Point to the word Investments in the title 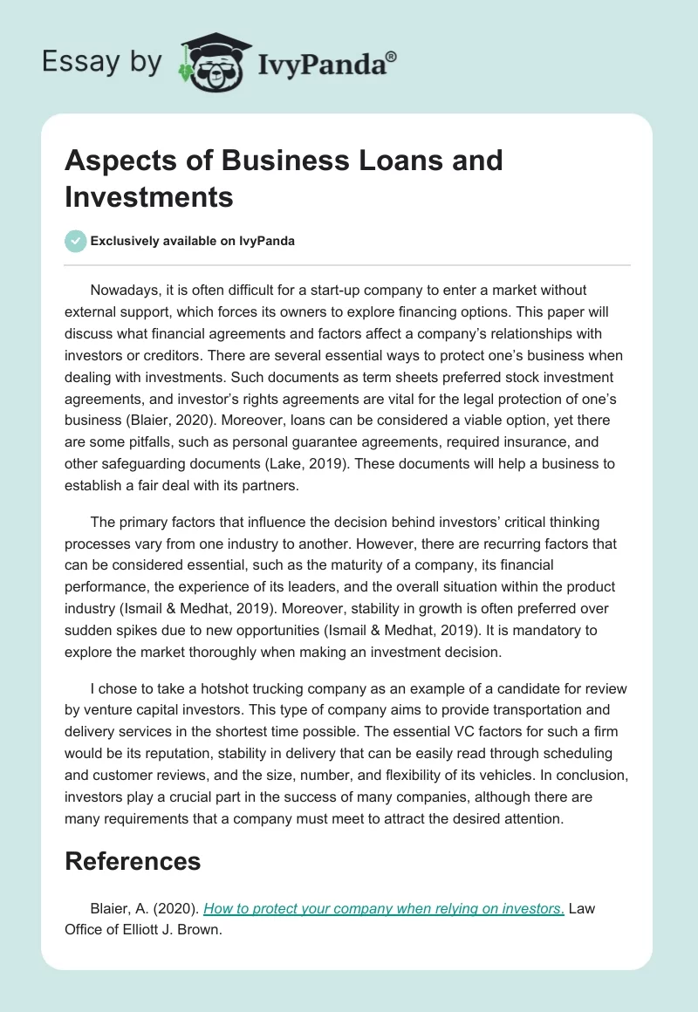(149, 196)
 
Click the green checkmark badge (76, 242)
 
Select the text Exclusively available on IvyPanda (193, 242)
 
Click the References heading (133, 861)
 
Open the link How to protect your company (384, 908)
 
